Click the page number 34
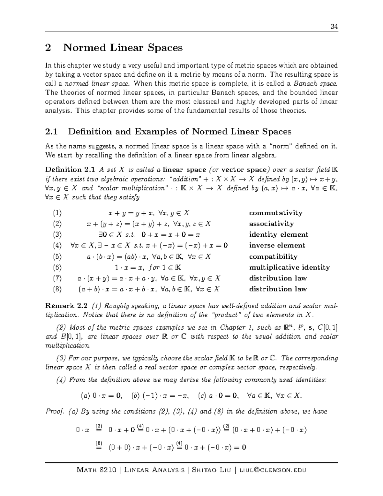(x=334, y=27)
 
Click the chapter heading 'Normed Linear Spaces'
(x=123, y=48)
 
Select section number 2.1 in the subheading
(x=51, y=132)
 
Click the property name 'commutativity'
(x=275, y=213)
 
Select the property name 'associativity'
(x=271, y=224)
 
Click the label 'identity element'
(x=279, y=235)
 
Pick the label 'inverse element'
(x=277, y=246)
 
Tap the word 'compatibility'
(x=273, y=257)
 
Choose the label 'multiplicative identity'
(x=289, y=268)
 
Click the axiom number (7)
(x=57, y=279)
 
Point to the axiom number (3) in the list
(x=57, y=235)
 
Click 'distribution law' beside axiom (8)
(x=278, y=289)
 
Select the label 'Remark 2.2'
(x=66, y=306)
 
